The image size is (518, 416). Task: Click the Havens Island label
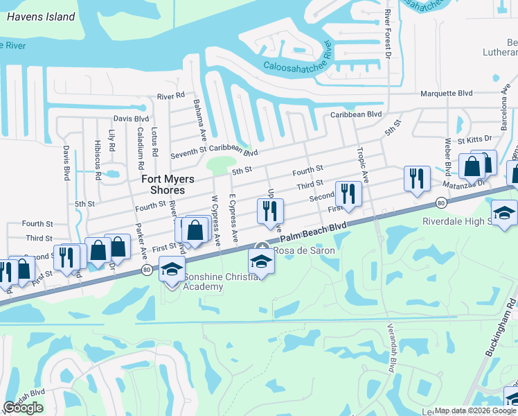click(x=42, y=17)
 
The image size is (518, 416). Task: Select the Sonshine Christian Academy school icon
click(x=170, y=269)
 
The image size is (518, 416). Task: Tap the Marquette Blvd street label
click(x=446, y=94)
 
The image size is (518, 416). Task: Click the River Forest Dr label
click(x=388, y=35)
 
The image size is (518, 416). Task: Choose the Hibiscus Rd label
click(x=96, y=160)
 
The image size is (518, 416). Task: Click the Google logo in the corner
click(x=24, y=408)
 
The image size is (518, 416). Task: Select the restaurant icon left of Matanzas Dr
click(x=416, y=178)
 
